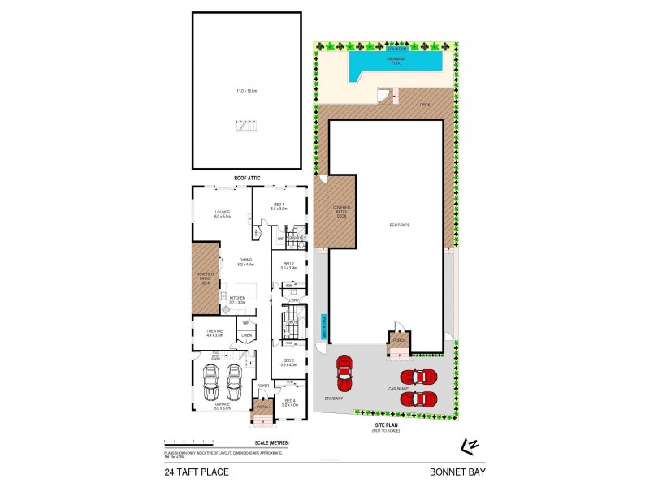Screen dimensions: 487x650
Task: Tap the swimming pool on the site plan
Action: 394,63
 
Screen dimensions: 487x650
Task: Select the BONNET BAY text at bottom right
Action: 457,470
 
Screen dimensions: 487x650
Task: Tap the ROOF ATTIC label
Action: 246,178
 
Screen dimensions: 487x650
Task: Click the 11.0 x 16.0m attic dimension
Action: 245,91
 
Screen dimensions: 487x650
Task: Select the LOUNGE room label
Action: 223,213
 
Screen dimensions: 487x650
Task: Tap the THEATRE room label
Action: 214,331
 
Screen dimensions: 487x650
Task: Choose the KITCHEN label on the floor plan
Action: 237,299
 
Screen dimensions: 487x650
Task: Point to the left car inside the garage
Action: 211,378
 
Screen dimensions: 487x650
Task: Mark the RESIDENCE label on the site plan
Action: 399,225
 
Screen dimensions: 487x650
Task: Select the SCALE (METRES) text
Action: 271,442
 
